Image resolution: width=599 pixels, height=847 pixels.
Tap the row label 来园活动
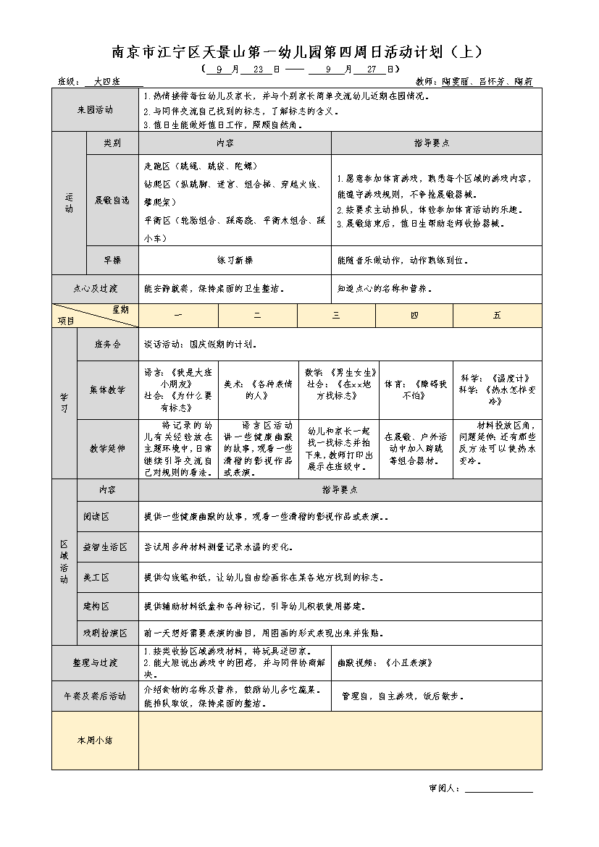tap(95, 110)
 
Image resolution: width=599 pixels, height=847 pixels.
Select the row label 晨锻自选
tap(112, 200)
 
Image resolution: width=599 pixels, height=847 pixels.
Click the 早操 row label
tap(112, 260)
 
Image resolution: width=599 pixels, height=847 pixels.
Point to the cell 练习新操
tap(235, 260)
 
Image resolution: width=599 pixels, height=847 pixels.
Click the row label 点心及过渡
tap(95, 288)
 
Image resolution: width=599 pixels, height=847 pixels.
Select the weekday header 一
tap(178, 315)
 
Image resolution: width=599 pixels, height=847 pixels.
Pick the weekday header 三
tap(336, 315)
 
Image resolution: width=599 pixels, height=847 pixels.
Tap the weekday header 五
tap(497, 315)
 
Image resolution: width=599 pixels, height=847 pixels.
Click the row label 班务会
tap(107, 344)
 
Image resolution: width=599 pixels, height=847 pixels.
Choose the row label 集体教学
tap(107, 389)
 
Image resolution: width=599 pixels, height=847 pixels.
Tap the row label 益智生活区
tap(105, 547)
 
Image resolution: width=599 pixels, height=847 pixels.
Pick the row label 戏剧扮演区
tap(105, 633)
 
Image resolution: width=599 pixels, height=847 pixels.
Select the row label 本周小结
tap(95, 740)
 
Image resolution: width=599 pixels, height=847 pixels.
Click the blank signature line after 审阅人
tap(498, 788)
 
